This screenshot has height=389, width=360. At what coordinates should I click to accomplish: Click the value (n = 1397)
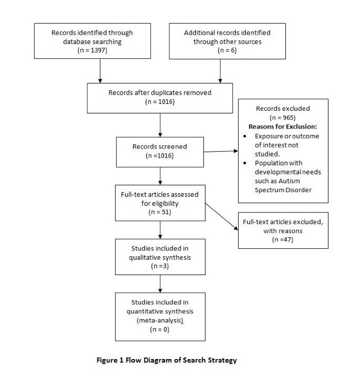[x=92, y=50]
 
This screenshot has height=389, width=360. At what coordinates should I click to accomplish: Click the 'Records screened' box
[x=159, y=152]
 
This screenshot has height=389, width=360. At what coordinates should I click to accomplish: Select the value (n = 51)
[x=159, y=213]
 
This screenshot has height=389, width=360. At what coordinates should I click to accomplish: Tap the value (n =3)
[x=159, y=266]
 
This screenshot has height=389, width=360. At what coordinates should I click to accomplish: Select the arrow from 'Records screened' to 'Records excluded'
[x=220, y=152]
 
